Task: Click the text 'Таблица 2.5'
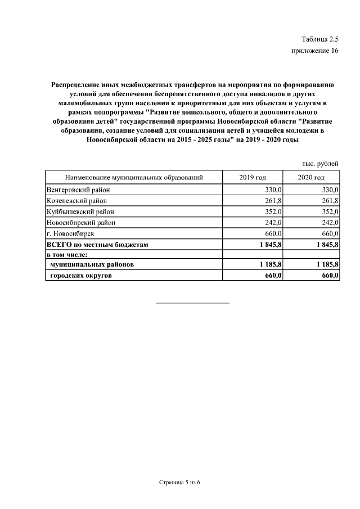(319, 39)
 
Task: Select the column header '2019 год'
(253, 177)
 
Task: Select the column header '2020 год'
(311, 177)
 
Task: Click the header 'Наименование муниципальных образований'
(133, 177)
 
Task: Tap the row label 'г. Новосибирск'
(70, 233)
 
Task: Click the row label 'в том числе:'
(66, 255)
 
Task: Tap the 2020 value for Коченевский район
(328, 201)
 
